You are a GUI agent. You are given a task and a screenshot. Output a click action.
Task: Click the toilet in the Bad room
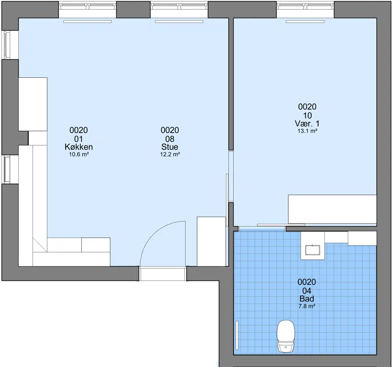point(286,336)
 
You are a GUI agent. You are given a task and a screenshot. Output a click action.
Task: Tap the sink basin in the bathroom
point(313,250)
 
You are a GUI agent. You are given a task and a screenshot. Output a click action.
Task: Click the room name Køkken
point(79,147)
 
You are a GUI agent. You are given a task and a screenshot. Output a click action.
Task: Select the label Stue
point(170,147)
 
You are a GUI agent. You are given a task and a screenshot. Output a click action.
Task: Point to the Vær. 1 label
point(307,123)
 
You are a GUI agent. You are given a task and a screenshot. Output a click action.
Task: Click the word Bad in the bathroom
point(307,298)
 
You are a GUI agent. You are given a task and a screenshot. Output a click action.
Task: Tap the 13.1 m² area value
point(307,131)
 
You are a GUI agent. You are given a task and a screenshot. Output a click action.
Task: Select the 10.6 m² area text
point(79,154)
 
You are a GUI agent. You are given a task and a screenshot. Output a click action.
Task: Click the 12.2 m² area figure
point(170,154)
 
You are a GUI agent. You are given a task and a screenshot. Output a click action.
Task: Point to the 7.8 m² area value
point(307,306)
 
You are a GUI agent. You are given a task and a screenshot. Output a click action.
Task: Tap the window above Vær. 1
point(305,9)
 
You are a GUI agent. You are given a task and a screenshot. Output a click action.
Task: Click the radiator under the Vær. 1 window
point(305,22)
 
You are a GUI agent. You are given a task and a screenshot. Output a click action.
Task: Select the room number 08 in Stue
point(170,139)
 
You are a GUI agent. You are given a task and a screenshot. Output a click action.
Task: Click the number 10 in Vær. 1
point(307,115)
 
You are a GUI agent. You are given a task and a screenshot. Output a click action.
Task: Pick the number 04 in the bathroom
point(307,291)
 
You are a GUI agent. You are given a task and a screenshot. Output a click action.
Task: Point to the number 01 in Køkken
point(78,139)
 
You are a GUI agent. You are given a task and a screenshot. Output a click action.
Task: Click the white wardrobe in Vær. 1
point(332,209)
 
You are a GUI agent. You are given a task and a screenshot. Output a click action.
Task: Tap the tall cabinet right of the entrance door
point(212,241)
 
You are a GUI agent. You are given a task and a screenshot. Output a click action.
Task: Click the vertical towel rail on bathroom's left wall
point(237,336)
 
